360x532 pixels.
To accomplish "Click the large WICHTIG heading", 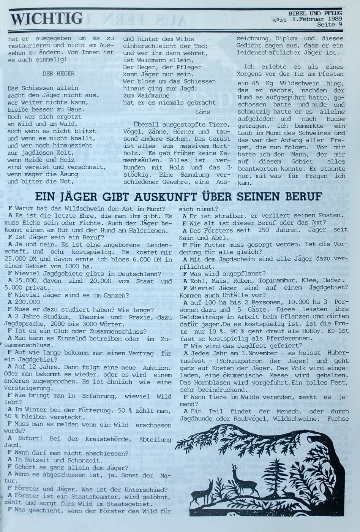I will [x=46, y=18].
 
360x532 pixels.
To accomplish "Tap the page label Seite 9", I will [x=330, y=24].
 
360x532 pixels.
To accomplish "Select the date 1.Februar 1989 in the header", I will [x=317, y=19].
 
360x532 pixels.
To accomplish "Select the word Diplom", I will [x=286, y=38].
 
